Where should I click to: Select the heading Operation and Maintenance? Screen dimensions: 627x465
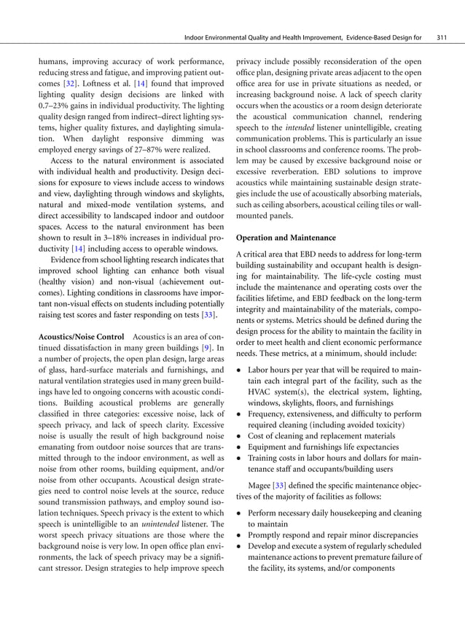click(x=285, y=238)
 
